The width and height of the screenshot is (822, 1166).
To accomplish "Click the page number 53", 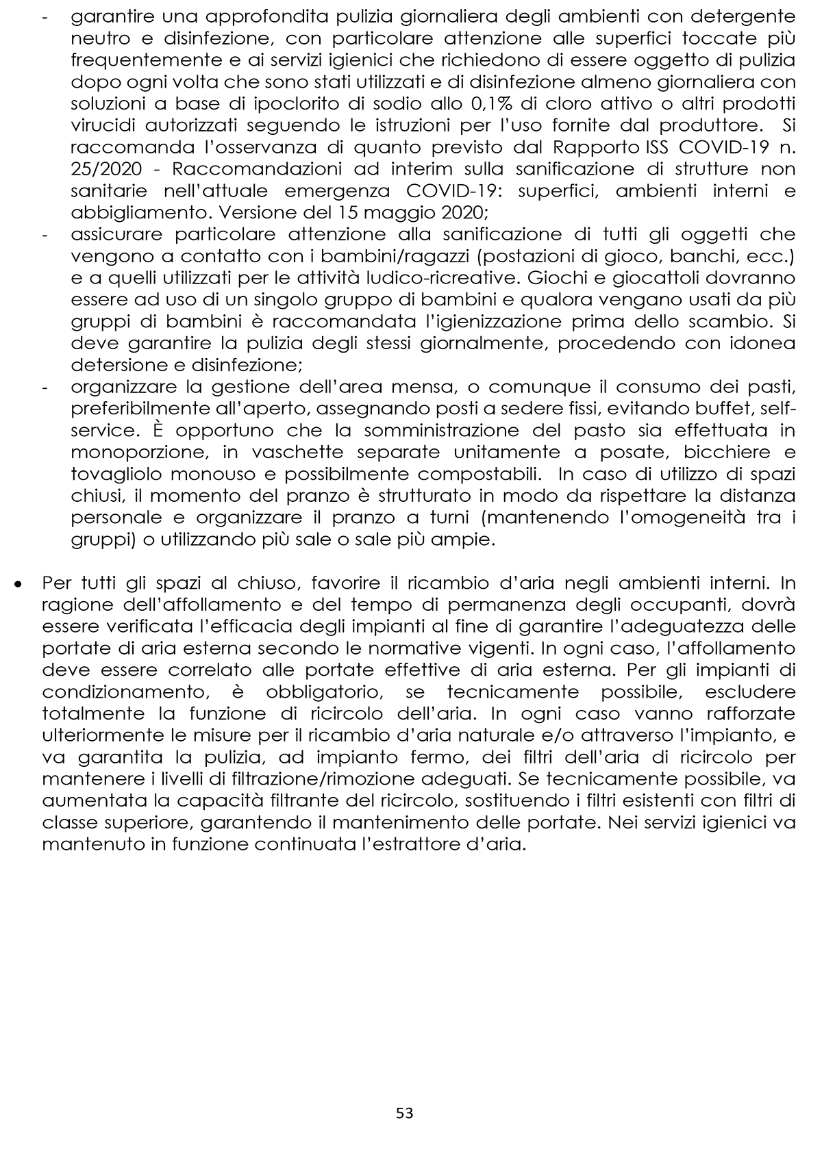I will pos(404,1113).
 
